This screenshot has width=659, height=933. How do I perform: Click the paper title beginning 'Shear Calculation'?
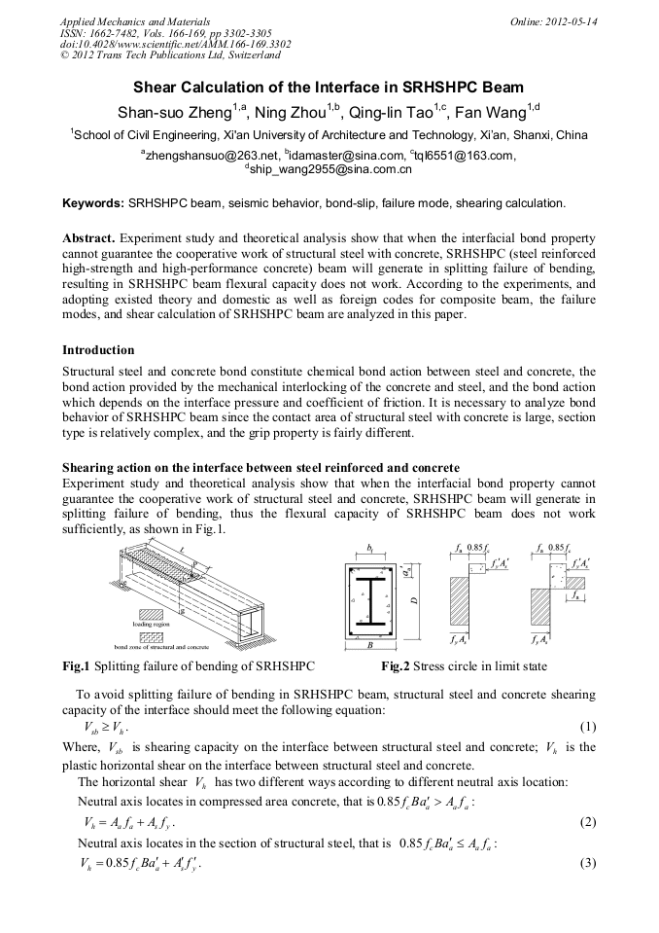(329, 87)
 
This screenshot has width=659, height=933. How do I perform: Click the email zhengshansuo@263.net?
(207, 155)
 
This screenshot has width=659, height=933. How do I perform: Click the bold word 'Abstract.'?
(88, 237)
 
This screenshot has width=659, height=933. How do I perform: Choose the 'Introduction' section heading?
(98, 349)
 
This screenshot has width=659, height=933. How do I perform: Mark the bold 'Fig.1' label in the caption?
(76, 666)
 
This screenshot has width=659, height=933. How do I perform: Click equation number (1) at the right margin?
(587, 727)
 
